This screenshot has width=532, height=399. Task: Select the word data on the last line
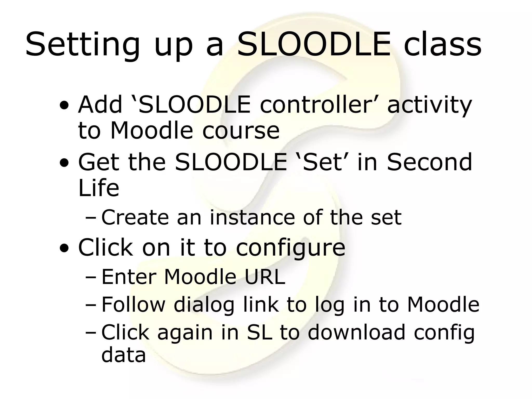123,355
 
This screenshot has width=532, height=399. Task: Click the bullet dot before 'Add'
64,106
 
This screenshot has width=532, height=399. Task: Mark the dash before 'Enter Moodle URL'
90,277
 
